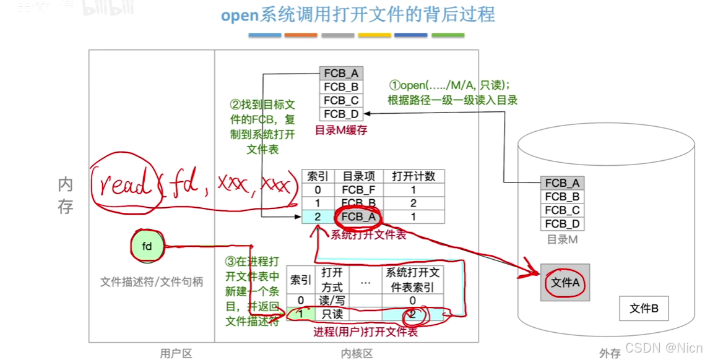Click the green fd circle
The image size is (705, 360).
pos(147,246)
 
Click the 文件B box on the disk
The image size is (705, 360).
pos(644,308)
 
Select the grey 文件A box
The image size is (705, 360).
pos(564,283)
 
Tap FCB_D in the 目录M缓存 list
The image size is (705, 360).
pos(341,114)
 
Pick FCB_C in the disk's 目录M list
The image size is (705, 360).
pos(562,210)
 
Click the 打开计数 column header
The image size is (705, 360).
pos(413,176)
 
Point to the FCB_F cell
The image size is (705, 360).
pos(358,190)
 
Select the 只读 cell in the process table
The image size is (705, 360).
pos(332,314)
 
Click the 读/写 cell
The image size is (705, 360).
pos(332,301)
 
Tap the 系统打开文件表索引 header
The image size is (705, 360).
pos(413,280)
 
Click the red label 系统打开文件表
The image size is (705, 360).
pos(368,235)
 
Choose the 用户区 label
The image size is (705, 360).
pos(176,353)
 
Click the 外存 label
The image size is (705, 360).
pos(610,353)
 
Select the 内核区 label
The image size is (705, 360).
pos(357,353)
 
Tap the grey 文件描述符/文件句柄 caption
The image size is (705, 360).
pos(152,282)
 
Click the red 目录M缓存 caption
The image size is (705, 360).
pos(341,130)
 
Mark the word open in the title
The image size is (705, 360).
pos(239,15)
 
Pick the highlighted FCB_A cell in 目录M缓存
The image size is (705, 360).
pos(341,74)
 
